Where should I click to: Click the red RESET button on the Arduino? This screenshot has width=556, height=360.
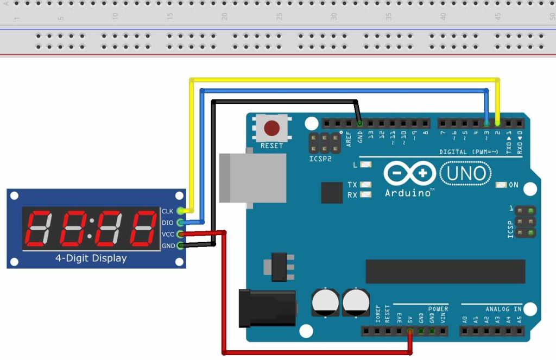coord(271,129)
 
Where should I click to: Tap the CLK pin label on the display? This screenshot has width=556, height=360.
coord(167,211)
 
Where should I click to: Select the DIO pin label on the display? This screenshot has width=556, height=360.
coord(167,223)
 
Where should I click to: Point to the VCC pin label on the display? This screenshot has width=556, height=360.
coord(168,234)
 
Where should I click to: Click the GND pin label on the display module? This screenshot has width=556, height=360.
coord(168,245)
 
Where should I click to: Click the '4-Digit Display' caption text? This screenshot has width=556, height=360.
coord(91,258)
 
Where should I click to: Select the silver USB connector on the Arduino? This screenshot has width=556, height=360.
coord(252,178)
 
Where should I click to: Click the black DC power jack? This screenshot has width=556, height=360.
coord(268,308)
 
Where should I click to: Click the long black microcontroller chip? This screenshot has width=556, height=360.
coord(445,271)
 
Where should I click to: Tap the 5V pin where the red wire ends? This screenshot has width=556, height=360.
coord(409,331)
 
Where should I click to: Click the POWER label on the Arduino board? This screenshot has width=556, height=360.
coord(438,309)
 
